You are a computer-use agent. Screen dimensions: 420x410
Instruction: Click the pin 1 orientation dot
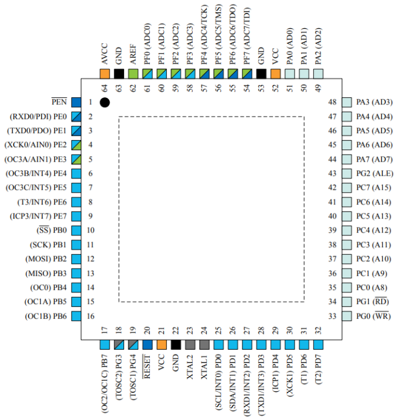pyautogui.click(x=105, y=103)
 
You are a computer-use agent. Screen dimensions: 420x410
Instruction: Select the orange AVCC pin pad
pyautogui.click(x=105, y=74)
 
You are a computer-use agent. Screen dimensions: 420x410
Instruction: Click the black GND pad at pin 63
pyautogui.click(x=119, y=74)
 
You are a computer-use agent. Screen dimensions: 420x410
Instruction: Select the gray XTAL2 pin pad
pyautogui.click(x=190, y=345)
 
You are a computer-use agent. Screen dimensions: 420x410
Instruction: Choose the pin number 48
pyautogui.click(x=332, y=102)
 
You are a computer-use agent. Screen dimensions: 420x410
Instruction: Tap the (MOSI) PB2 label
pyautogui.click(x=46, y=259)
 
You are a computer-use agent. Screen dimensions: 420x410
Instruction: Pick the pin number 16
pyautogui.click(x=91, y=316)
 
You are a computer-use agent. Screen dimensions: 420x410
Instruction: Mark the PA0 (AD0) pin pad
pyautogui.click(x=290, y=74)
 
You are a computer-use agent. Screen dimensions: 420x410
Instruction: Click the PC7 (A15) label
pyautogui.click(x=375, y=187)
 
